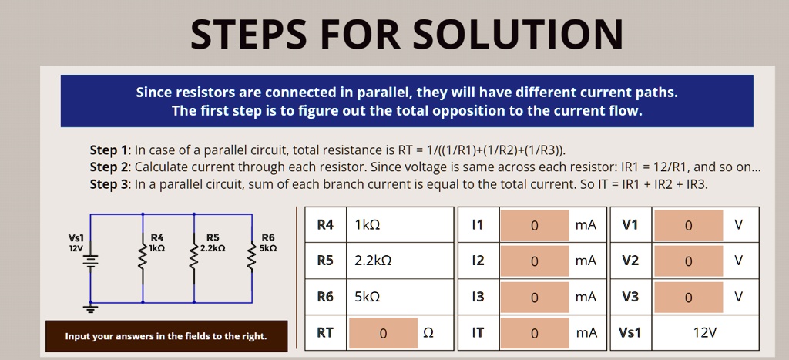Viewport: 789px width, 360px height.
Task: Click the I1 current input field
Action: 534,225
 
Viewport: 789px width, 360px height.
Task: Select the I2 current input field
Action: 534,261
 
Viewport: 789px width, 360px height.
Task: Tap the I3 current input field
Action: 534,297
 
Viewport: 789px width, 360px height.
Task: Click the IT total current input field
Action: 534,333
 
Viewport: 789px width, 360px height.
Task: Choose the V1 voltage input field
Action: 688,225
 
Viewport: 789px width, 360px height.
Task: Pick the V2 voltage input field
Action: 688,261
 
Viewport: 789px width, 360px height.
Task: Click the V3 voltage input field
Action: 688,297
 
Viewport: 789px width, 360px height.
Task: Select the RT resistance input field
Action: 383,333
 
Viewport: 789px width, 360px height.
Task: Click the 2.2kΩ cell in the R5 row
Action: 399,261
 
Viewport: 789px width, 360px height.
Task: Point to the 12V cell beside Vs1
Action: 704,333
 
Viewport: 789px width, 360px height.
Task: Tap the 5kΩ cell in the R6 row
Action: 399,297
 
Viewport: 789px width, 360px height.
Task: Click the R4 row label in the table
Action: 325,225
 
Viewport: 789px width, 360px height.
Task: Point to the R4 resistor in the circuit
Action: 143,262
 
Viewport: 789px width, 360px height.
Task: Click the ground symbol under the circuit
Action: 91,309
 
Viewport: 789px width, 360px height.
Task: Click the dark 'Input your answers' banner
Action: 166,336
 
